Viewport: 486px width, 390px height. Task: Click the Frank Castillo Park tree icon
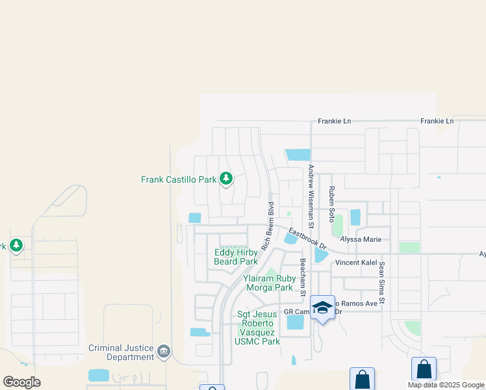click(225, 178)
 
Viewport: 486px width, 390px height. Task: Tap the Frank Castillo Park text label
click(179, 179)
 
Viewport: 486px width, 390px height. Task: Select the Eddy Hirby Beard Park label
click(236, 257)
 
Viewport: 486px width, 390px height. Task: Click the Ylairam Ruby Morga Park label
click(269, 282)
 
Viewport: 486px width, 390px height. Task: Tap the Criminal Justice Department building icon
click(163, 352)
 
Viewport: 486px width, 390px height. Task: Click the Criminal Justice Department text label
click(122, 352)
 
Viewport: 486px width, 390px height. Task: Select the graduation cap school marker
click(322, 308)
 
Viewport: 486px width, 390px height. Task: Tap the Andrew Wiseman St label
click(311, 196)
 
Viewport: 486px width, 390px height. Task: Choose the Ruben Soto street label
click(331, 201)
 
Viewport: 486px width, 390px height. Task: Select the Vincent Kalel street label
click(355, 263)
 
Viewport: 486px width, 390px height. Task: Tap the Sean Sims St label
click(382, 283)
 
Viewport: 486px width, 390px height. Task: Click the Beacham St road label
click(303, 277)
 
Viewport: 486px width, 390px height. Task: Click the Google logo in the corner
click(21, 382)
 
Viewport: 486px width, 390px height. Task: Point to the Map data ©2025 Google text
click(446, 385)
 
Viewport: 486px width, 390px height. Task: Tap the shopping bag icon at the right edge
click(424, 370)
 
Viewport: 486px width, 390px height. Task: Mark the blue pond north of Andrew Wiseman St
click(298, 155)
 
